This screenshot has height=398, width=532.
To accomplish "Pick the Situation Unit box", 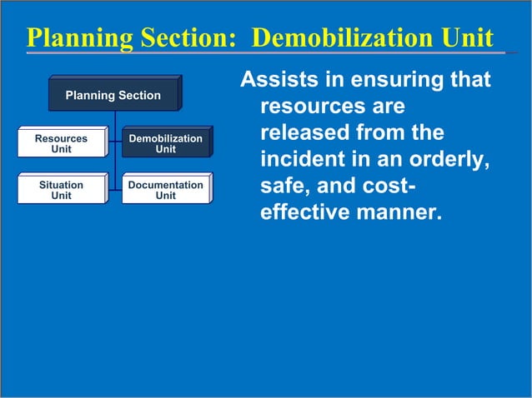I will [x=61, y=190].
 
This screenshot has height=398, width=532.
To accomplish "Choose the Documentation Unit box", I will [x=165, y=190].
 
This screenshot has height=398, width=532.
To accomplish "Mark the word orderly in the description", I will [x=449, y=160].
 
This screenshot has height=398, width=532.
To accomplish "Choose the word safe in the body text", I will [x=283, y=187].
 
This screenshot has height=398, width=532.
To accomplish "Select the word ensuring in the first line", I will [x=386, y=81].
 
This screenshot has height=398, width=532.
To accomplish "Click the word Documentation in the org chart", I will [x=165, y=185].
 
